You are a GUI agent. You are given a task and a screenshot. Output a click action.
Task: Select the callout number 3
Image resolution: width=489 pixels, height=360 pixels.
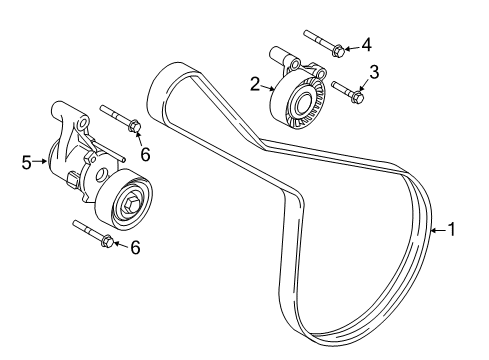pyautogui.click(x=374, y=71)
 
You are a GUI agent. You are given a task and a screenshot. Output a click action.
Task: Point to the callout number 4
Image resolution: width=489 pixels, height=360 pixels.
pyautogui.click(x=365, y=43)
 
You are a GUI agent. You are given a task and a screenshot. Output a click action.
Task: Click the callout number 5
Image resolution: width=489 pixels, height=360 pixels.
pyautogui.click(x=27, y=158)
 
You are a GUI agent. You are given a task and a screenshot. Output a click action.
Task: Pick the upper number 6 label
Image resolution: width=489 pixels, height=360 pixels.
pyautogui.click(x=144, y=153)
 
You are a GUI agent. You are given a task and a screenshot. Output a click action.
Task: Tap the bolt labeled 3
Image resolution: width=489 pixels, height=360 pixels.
pyautogui.click(x=347, y=92)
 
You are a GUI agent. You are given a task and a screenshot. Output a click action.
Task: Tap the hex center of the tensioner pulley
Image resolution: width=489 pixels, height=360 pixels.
pyautogui.click(x=132, y=204)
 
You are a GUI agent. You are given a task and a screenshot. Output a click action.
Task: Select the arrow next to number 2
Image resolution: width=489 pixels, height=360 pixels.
pyautogui.click(x=269, y=88)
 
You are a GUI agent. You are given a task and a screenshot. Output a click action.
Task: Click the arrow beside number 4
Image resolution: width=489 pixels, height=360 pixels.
pyautogui.click(x=351, y=44)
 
